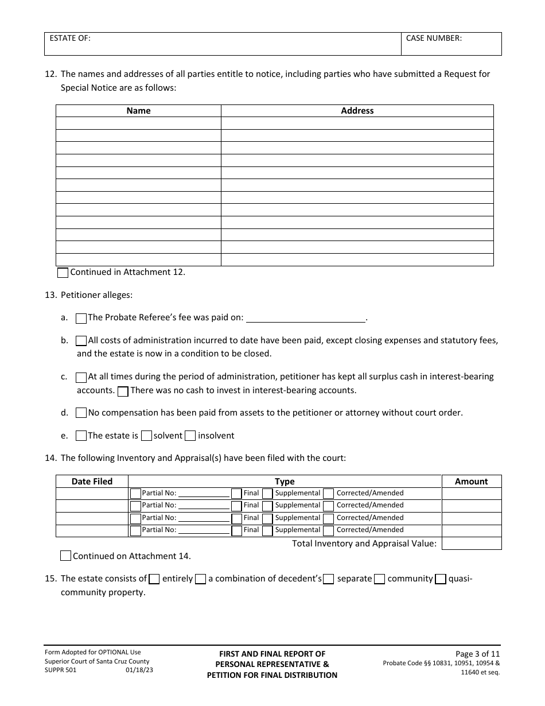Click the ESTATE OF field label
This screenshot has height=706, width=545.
(70, 38)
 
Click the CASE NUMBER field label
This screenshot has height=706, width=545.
(434, 38)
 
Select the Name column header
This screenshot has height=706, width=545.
(138, 111)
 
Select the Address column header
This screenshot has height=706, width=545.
(357, 111)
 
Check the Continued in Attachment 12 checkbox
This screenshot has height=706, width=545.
(63, 273)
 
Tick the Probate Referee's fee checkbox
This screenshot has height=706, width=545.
(81, 319)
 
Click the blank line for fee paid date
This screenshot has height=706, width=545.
(305, 318)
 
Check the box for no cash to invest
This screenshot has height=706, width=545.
(123, 391)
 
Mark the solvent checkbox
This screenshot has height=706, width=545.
(146, 436)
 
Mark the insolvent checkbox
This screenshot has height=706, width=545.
(190, 436)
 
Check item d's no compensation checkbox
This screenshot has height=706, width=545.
(81, 413)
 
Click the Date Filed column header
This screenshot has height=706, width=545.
(92, 482)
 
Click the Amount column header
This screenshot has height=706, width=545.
(471, 482)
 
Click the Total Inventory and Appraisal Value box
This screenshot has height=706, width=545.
(471, 544)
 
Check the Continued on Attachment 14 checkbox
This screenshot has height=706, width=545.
(66, 556)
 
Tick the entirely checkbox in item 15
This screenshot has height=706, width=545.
(154, 579)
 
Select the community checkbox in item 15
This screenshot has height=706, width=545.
(379, 579)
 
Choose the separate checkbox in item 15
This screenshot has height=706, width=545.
(329, 579)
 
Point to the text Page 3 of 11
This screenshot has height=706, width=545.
(477, 654)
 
